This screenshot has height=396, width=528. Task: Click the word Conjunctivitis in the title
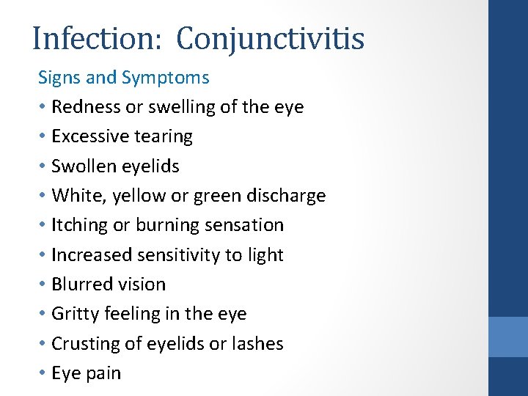(x=271, y=39)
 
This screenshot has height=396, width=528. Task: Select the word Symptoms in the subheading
(x=165, y=78)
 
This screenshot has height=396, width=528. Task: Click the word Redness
(x=87, y=107)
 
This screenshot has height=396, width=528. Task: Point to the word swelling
(x=181, y=107)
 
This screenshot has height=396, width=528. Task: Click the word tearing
(x=164, y=137)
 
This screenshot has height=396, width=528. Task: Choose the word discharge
(x=284, y=196)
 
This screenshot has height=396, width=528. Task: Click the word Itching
(x=79, y=225)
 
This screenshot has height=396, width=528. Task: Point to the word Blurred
(x=81, y=284)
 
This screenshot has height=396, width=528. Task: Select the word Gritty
(x=76, y=314)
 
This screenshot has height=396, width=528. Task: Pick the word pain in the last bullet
(x=103, y=373)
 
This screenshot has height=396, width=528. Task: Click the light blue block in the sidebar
(x=508, y=336)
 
